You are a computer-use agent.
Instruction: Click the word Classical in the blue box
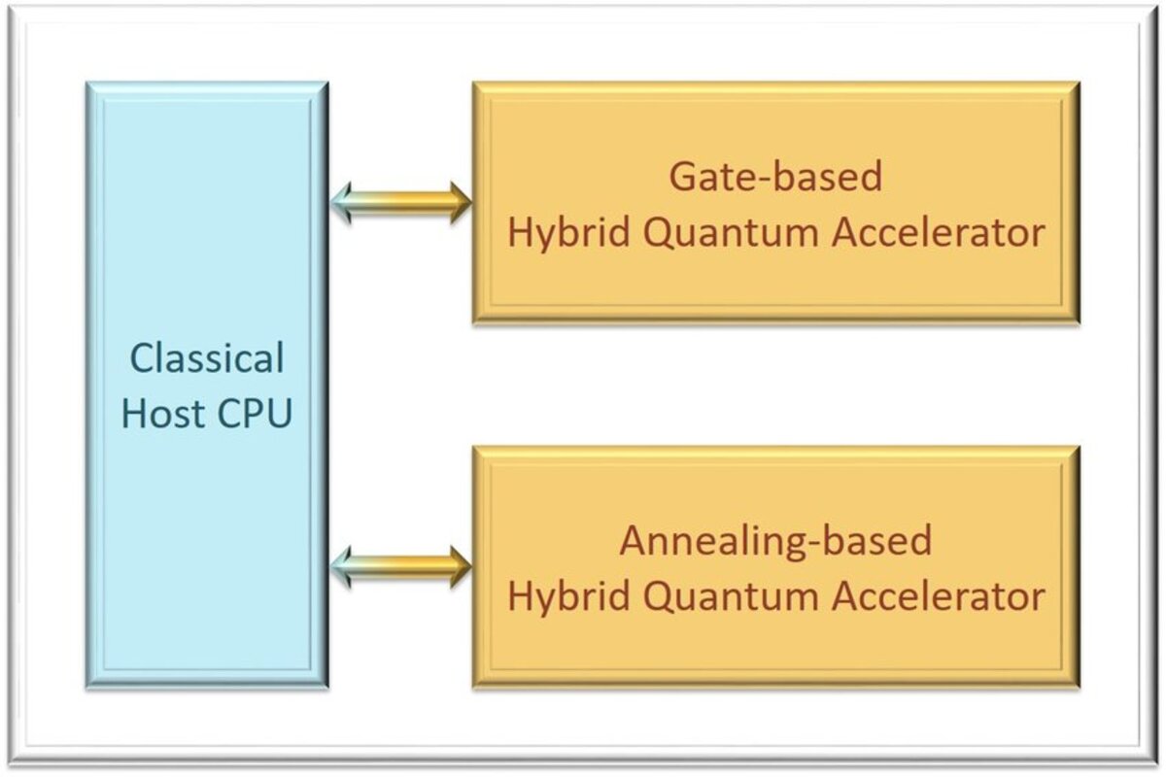point(207,359)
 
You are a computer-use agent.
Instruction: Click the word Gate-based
point(775,177)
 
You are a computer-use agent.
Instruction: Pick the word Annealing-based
point(775,540)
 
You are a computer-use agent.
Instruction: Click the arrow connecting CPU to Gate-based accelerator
point(400,203)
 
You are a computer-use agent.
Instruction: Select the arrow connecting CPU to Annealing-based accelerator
point(400,567)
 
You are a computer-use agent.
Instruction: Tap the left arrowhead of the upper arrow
point(343,203)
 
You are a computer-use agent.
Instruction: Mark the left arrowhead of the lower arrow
point(343,567)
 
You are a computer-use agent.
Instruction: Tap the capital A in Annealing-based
point(634,540)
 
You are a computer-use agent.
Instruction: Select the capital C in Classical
point(142,359)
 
